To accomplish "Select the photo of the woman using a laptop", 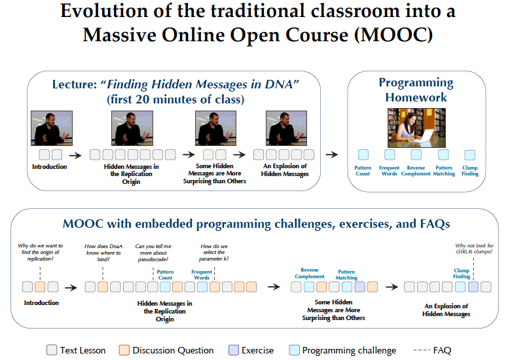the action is tap(416, 128).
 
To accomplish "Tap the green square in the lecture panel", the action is tap(208, 154).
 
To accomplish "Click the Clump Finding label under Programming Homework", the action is tap(470, 171).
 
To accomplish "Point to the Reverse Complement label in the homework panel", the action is tap(416, 171).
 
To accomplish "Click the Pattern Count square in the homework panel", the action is tap(363, 154).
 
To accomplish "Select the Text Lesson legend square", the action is tap(52, 350).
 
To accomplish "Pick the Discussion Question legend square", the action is tap(124, 350).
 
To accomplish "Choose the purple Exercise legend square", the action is tap(234, 350).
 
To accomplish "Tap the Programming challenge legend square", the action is tap(294, 350).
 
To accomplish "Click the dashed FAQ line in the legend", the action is tap(422, 350).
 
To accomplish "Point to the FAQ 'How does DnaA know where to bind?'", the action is tap(103, 253).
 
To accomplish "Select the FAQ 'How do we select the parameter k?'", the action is tap(214, 252).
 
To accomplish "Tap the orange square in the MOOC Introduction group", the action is tap(40, 287).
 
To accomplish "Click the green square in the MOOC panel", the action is tap(296, 287).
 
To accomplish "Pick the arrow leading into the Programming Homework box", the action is tap(332, 154).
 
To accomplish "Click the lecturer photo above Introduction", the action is tap(52, 128).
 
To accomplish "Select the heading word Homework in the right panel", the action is tap(416, 98).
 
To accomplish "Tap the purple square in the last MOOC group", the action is tap(473, 287).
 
